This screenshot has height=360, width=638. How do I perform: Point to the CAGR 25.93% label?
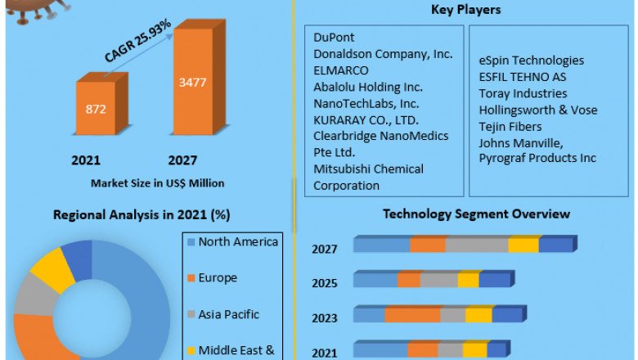pos(137,41)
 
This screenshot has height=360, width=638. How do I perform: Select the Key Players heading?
pos(465,10)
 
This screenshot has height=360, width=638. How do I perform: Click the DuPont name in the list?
pos(335,38)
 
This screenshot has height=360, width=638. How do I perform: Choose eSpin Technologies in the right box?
pos(531,60)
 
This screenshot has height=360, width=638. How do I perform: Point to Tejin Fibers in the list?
pos(510,125)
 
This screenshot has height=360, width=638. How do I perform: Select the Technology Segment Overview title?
pos(477,214)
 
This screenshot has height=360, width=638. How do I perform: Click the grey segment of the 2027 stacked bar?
pos(476,245)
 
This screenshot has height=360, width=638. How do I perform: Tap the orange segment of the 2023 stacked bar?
pos(412,315)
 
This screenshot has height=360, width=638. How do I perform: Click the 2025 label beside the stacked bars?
pos(325,284)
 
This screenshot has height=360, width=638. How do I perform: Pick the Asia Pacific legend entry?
pos(228,314)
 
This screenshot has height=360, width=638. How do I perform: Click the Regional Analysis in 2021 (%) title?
pos(141,215)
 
